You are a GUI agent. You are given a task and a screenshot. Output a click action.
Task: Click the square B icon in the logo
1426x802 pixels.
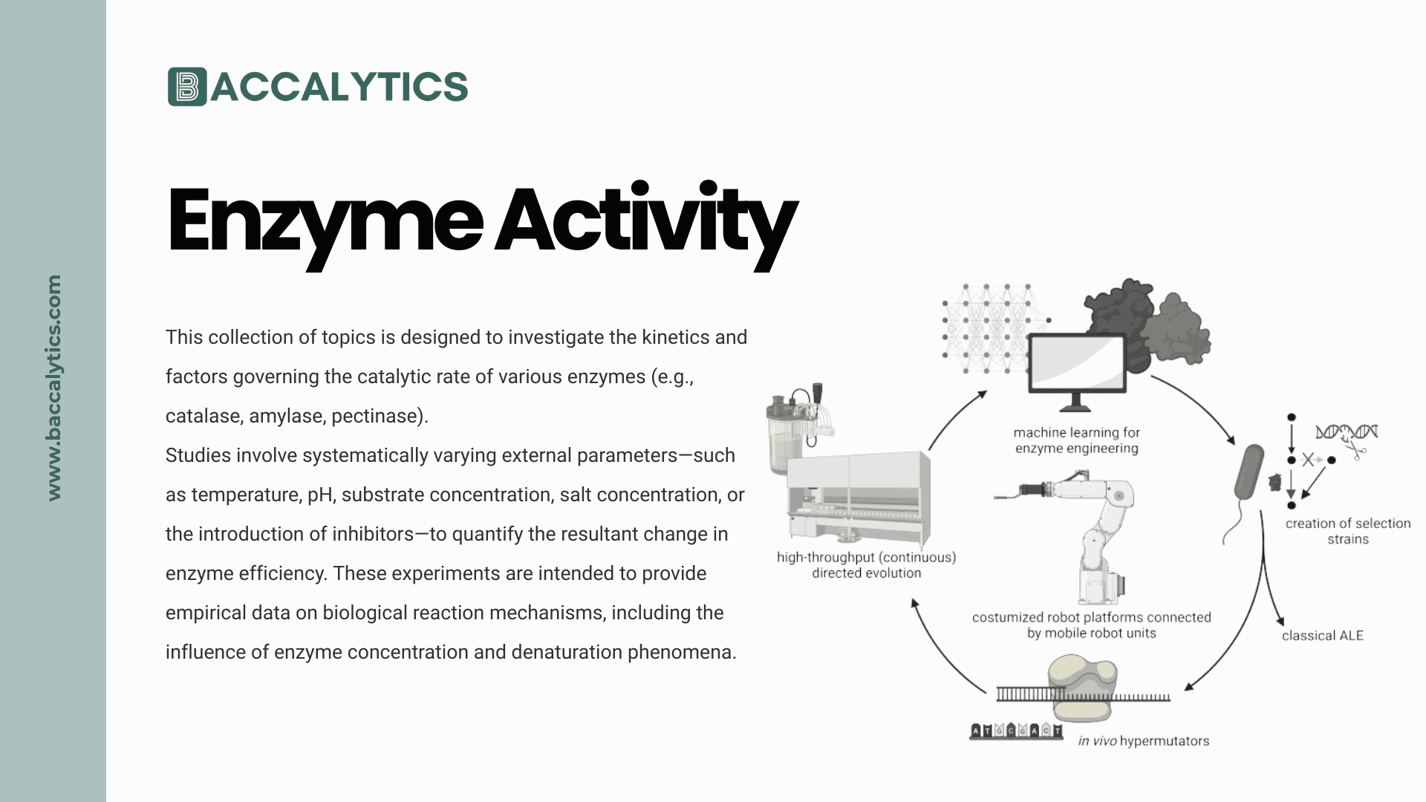click(187, 87)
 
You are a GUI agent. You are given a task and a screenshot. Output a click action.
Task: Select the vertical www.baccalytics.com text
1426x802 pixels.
click(54, 388)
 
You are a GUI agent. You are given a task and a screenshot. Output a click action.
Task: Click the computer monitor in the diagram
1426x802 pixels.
click(1076, 367)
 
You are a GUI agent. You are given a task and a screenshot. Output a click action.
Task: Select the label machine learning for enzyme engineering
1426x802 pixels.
click(1076, 440)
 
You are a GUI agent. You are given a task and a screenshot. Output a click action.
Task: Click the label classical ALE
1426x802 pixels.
click(1322, 636)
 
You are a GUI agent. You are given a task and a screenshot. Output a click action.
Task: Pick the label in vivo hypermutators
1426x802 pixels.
click(1143, 740)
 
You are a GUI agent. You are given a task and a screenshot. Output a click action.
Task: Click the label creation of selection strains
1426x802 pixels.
click(1347, 531)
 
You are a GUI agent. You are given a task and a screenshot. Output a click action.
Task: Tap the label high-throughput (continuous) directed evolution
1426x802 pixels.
click(866, 565)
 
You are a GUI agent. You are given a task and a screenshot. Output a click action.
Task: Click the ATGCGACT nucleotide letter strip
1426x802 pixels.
click(1016, 731)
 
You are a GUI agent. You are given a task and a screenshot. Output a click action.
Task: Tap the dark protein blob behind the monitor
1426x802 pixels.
click(1121, 312)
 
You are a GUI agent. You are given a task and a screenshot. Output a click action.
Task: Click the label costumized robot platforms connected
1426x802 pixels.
click(1091, 617)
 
